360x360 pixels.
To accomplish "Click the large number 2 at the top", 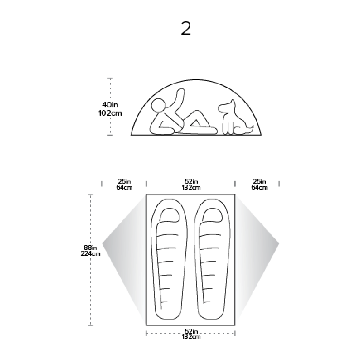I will point(186,28).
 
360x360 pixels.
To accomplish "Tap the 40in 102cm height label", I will point(110,109).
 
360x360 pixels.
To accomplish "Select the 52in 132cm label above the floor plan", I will point(191,184).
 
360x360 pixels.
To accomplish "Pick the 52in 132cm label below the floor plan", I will point(191,334).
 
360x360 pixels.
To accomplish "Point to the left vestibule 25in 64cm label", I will point(124,184).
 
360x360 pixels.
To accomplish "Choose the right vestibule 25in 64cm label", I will point(259,184).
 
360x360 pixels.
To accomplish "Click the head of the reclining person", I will point(159,106).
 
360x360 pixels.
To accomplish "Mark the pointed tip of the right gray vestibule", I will point(278,244).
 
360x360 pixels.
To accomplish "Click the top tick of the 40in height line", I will point(110,78).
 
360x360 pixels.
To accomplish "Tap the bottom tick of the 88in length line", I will point(91,325).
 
